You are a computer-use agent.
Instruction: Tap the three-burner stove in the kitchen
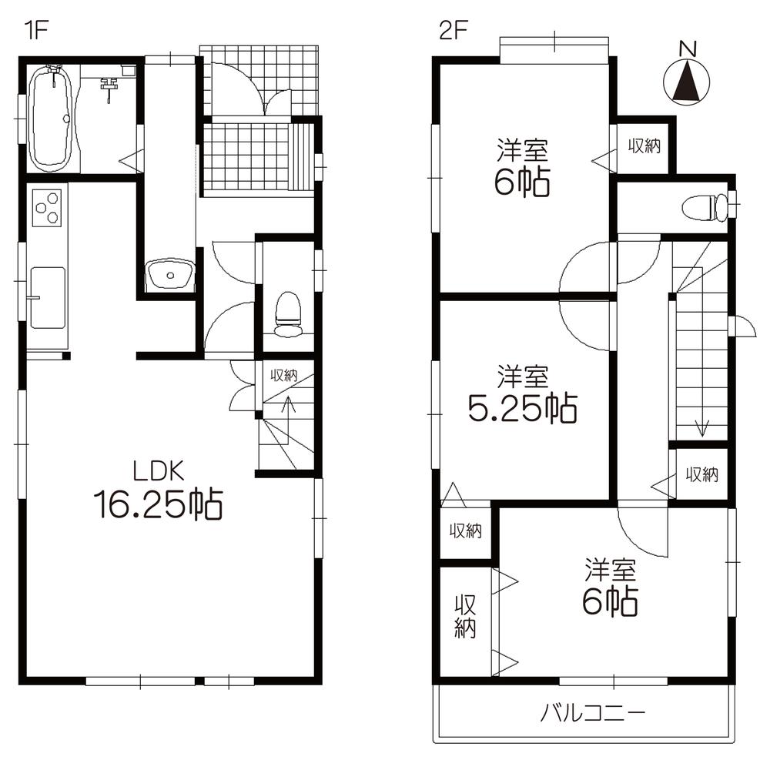point(48,206)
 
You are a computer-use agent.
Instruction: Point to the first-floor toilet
point(288,314)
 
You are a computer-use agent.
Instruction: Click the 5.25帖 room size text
point(523,409)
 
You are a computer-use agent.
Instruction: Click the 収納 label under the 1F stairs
point(283,376)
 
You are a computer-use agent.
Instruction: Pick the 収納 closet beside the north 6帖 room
point(644,146)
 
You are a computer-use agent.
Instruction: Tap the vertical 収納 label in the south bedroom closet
point(464,616)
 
